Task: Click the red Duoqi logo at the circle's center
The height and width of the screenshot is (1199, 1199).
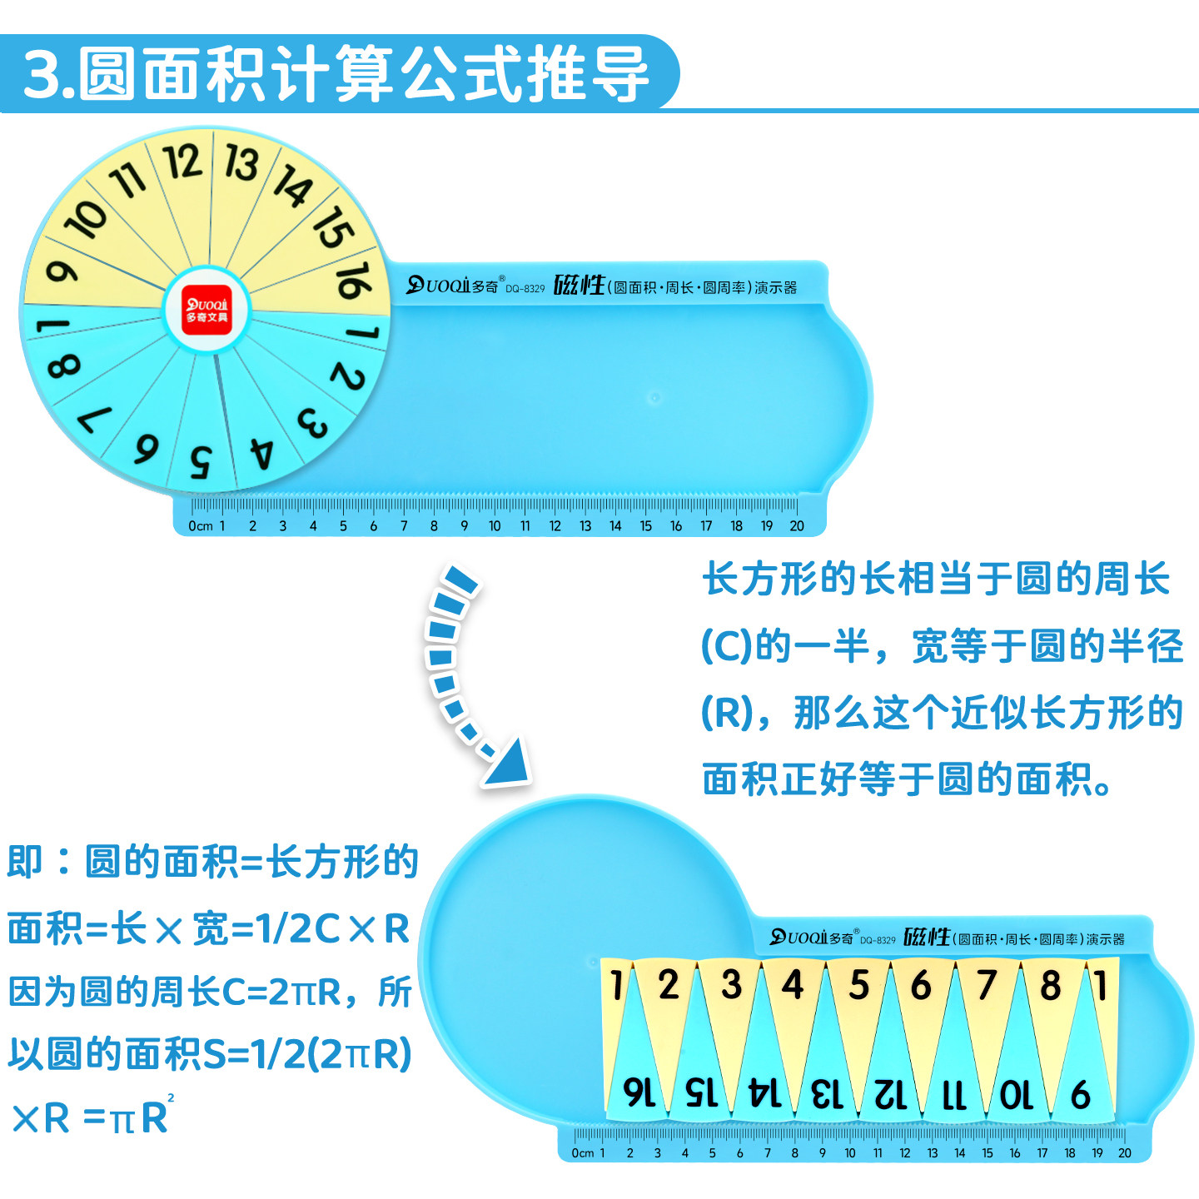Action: tap(206, 311)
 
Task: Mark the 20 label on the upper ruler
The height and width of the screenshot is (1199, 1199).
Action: tap(797, 526)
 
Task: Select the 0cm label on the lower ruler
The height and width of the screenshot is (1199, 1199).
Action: tap(583, 1153)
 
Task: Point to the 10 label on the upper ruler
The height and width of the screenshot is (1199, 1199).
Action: tap(495, 526)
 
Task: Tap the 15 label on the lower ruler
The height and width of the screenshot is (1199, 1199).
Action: tap(987, 1153)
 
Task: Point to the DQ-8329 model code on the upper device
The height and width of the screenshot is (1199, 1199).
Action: tap(525, 289)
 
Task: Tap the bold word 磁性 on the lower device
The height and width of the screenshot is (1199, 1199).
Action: tap(926, 937)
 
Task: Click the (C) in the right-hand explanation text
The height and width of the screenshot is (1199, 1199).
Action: tap(727, 647)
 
